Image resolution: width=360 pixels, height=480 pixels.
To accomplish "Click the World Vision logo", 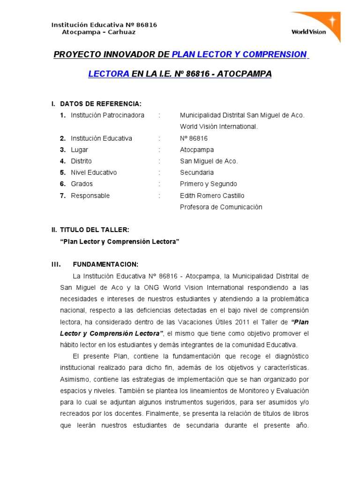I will tap(315, 27).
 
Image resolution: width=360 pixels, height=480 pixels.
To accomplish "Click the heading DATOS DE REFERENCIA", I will tap(101, 104).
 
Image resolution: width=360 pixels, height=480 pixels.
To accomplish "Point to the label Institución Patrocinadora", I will tap(107, 115).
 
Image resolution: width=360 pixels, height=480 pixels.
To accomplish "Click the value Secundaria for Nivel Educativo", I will tap(197, 172).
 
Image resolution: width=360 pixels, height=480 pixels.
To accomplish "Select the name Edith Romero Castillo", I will tap(212, 195).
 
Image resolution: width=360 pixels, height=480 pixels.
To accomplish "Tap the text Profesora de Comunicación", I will tap(221, 207).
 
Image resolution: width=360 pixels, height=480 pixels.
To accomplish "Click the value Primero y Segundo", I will tap(208, 184).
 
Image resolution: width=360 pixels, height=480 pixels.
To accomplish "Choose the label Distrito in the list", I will tap(81, 161).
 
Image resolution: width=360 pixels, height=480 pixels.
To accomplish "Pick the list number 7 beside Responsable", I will tap(62, 195).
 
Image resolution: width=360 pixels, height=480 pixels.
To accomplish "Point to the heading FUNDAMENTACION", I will tap(105, 264).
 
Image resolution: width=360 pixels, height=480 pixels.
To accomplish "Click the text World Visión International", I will tap(218, 127).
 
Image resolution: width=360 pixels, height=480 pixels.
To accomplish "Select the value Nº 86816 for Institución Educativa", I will tap(194, 138).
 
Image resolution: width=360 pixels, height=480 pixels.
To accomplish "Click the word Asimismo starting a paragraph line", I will tap(74, 379).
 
